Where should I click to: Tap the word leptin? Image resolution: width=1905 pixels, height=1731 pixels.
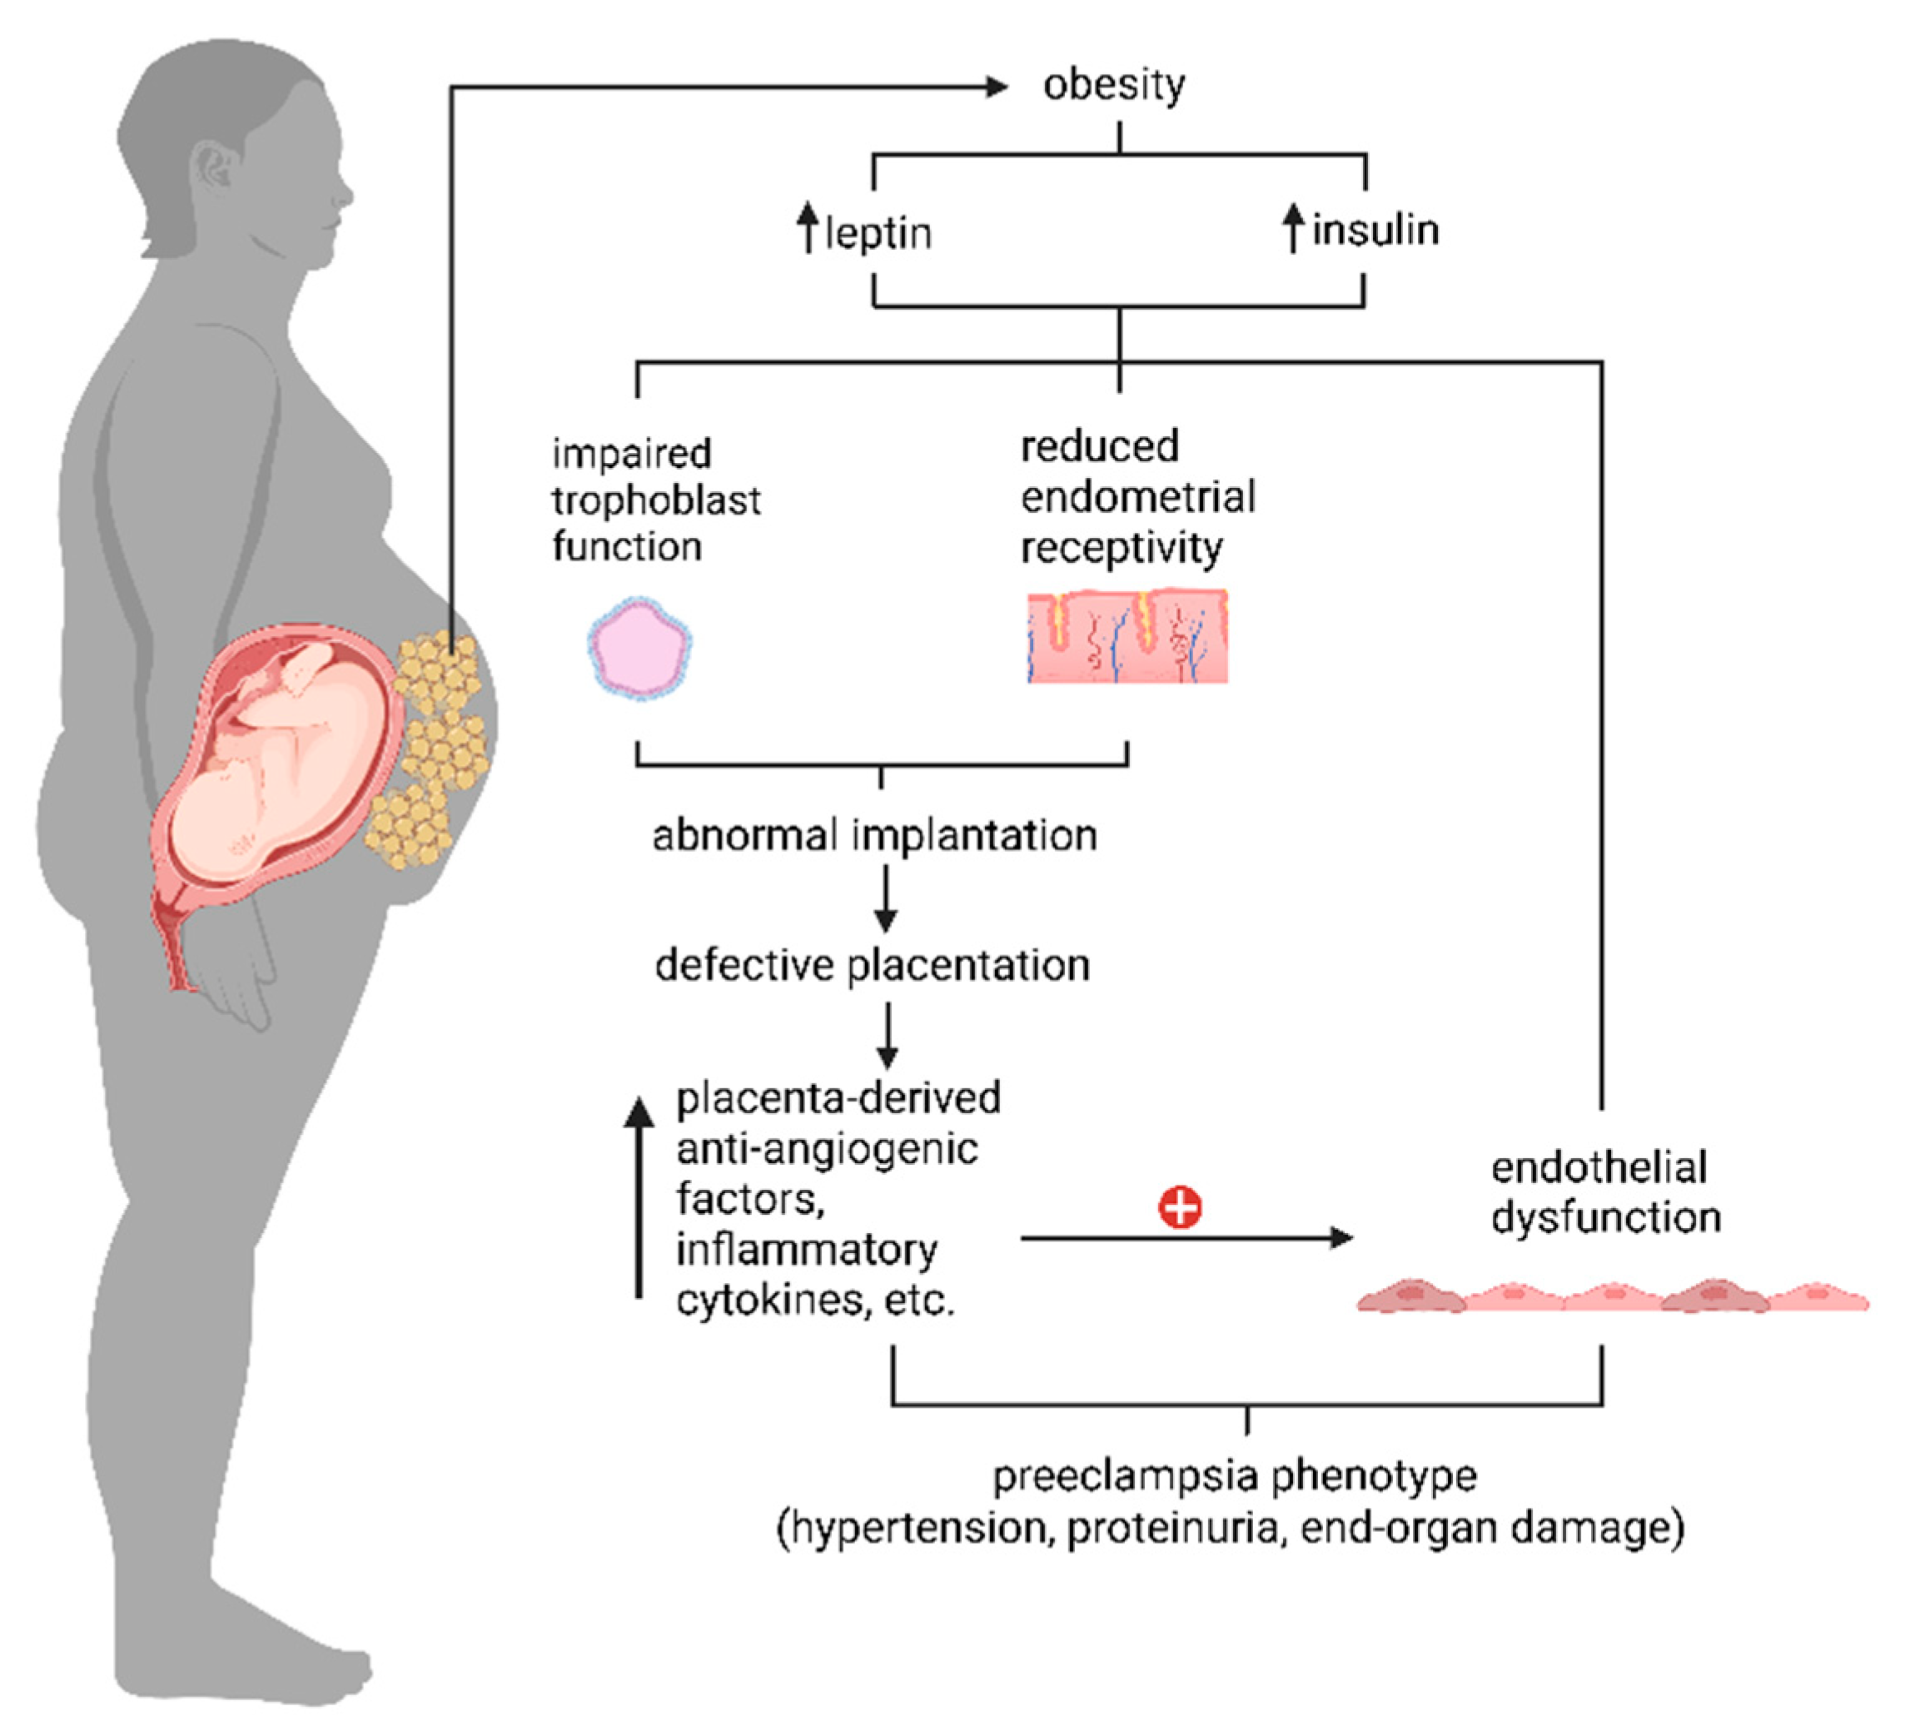pos(878,233)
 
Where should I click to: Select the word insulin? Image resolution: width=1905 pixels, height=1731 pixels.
pos(1375,231)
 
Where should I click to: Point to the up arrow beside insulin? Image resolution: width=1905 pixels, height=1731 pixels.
pos(1294,227)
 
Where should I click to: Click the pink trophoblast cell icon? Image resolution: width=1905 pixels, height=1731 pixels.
pos(639,648)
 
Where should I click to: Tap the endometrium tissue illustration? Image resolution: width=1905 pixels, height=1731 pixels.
pos(1127,635)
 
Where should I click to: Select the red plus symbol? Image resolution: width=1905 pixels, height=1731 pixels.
pos(1181,1208)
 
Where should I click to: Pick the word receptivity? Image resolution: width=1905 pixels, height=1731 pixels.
pos(1122,548)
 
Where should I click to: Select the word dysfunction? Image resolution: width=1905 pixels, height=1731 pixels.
pos(1605,1218)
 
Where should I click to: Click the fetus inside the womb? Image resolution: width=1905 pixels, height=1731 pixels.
pos(274,756)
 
